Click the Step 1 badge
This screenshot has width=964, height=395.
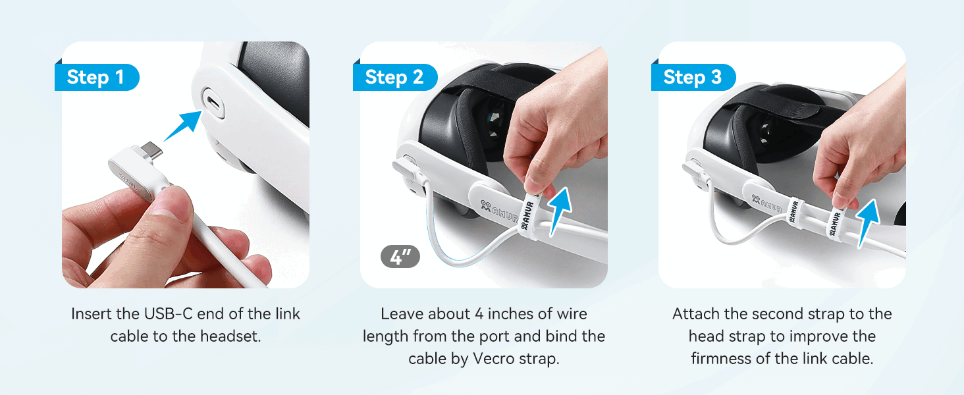click(96, 77)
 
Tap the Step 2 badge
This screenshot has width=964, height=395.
click(394, 77)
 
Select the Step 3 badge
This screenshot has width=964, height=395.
click(693, 77)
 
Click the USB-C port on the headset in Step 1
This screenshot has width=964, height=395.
click(213, 103)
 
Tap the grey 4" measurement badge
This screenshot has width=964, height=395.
click(400, 257)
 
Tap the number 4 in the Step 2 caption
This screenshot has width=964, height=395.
click(479, 314)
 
